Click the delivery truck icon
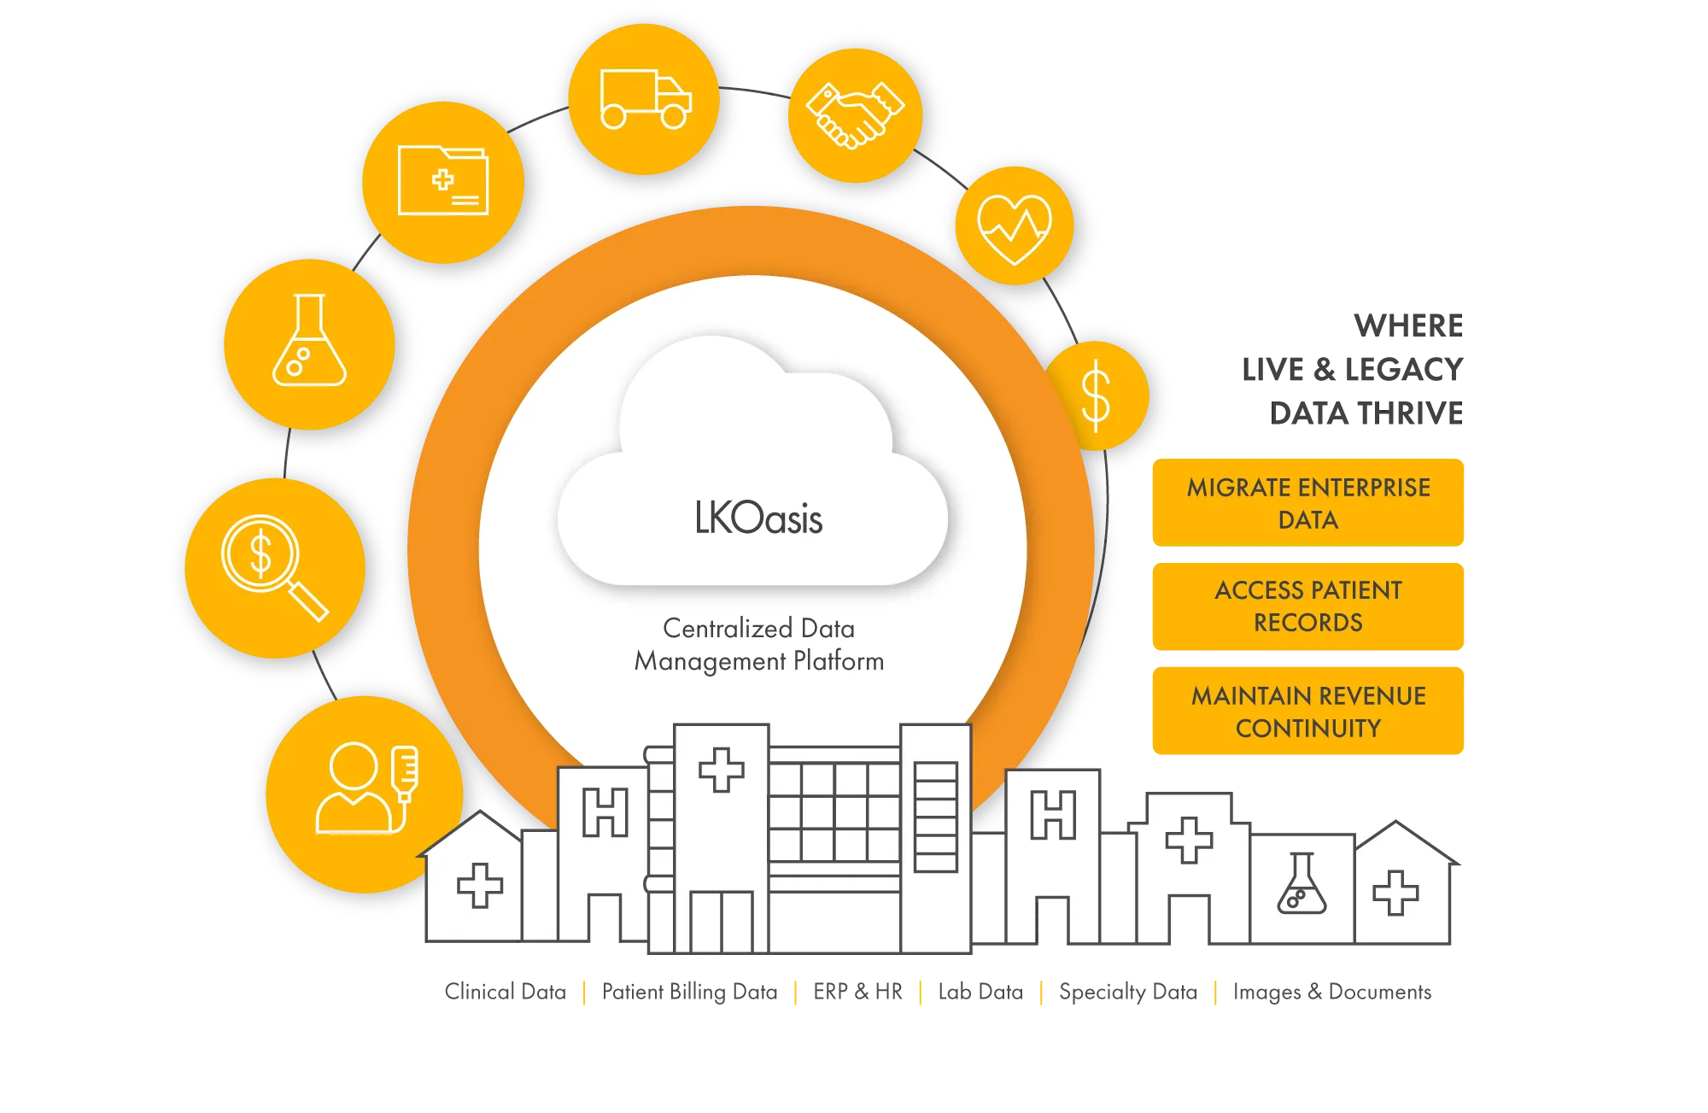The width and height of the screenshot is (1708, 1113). click(645, 99)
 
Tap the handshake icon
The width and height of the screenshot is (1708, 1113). click(855, 115)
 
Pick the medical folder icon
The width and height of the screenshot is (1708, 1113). click(443, 181)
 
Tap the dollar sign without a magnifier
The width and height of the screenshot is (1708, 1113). click(1096, 395)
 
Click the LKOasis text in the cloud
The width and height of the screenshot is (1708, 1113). click(758, 518)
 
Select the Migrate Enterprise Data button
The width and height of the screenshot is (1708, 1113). click(1308, 503)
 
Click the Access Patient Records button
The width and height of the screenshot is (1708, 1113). click(1308, 606)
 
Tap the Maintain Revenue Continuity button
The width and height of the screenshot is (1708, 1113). click(1308, 711)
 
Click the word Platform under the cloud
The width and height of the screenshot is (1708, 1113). click(838, 661)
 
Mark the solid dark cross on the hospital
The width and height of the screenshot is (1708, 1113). click(1188, 840)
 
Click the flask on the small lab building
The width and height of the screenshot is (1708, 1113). click(1301, 885)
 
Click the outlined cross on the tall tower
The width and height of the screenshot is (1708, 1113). click(721, 770)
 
